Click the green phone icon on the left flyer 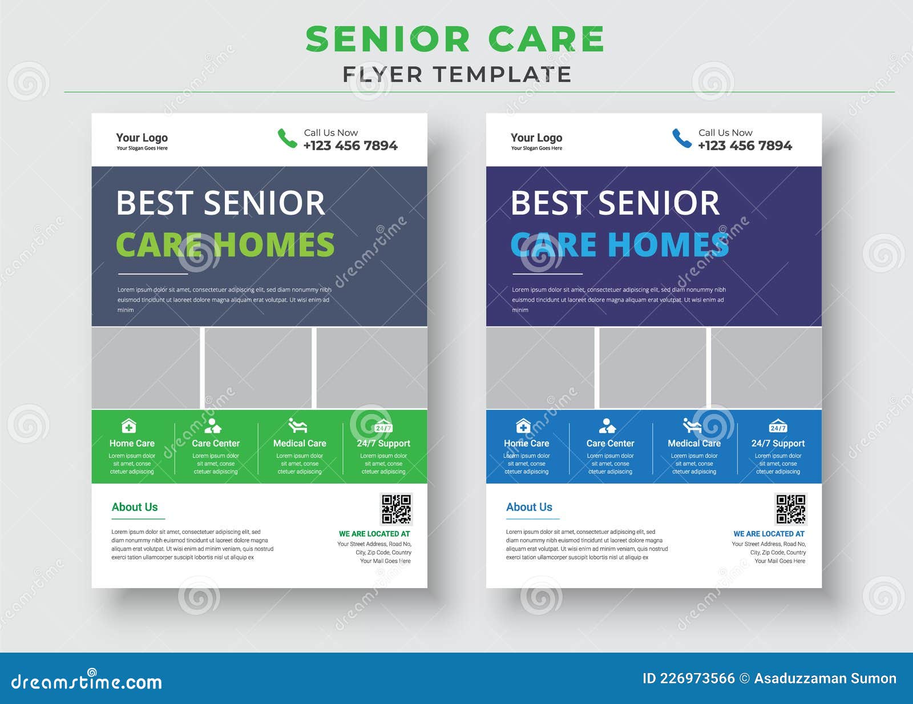tap(287, 138)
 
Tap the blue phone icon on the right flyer tap(682, 138)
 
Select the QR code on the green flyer tap(396, 509)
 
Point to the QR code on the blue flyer tap(791, 509)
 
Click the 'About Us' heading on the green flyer tap(135, 507)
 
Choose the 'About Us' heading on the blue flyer tap(529, 507)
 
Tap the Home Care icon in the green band tap(129, 426)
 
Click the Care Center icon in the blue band tap(607, 426)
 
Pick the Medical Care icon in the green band tap(297, 425)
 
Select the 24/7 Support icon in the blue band tap(778, 426)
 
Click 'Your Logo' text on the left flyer tap(142, 138)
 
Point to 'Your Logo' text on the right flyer tap(536, 138)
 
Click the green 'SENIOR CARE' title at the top tap(455, 39)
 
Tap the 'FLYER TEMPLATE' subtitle tap(457, 74)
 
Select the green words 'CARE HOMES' tap(225, 244)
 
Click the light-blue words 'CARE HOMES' tap(620, 244)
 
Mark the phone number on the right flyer tap(745, 146)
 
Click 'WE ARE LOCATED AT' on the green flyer tap(374, 534)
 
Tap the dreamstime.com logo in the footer tap(87, 681)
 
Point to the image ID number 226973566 tap(697, 678)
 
